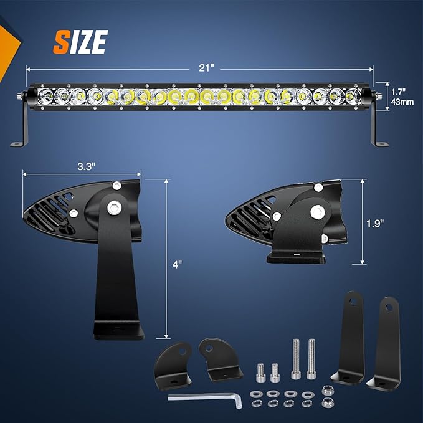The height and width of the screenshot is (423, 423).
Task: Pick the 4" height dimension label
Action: tap(178, 264)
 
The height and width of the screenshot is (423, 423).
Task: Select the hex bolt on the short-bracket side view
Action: tap(316, 212)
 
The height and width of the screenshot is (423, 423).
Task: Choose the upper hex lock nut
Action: tap(326, 390)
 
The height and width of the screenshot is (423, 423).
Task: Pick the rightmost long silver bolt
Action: tap(311, 357)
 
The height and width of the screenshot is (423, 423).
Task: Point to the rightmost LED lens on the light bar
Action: tap(352, 97)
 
